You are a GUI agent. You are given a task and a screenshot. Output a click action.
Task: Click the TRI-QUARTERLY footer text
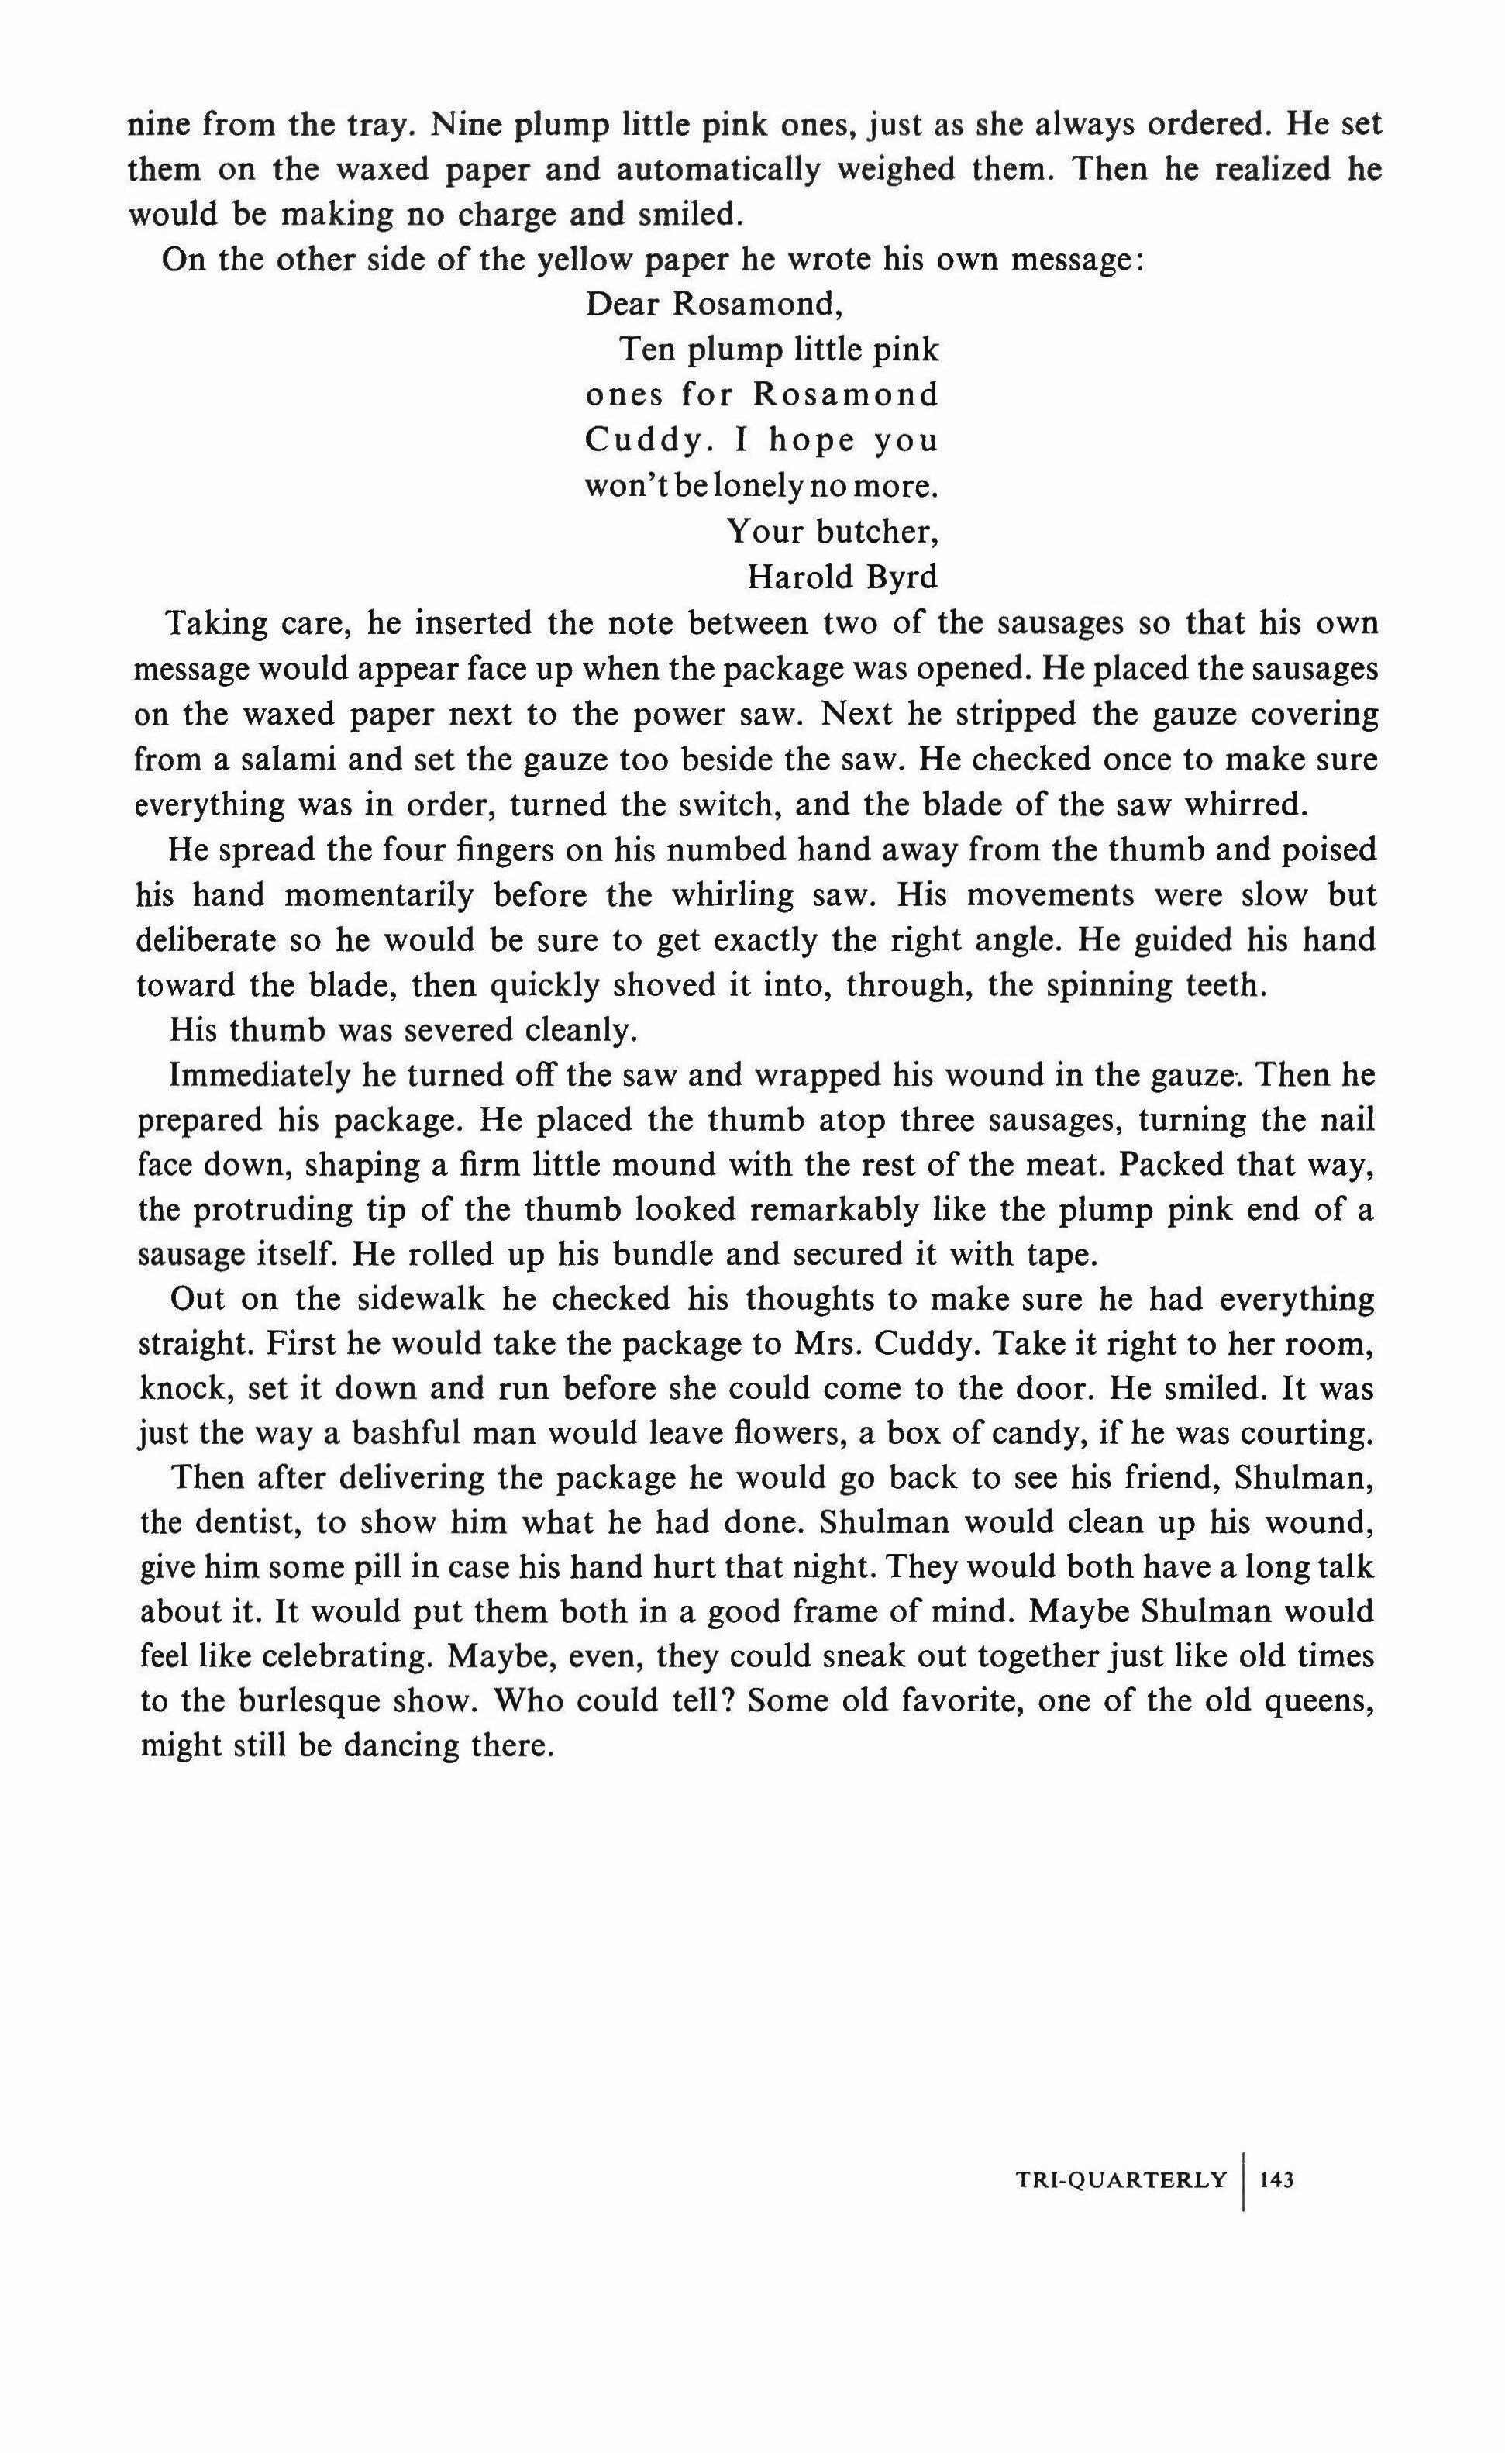click(1121, 2179)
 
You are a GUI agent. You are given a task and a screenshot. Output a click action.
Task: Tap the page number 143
click(1276, 2179)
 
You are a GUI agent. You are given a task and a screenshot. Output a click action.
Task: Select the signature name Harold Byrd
click(842, 577)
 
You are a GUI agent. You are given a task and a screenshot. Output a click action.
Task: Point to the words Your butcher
click(833, 532)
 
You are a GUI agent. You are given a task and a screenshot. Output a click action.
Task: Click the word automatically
click(717, 169)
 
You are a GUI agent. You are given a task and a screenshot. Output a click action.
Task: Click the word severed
click(445, 1030)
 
